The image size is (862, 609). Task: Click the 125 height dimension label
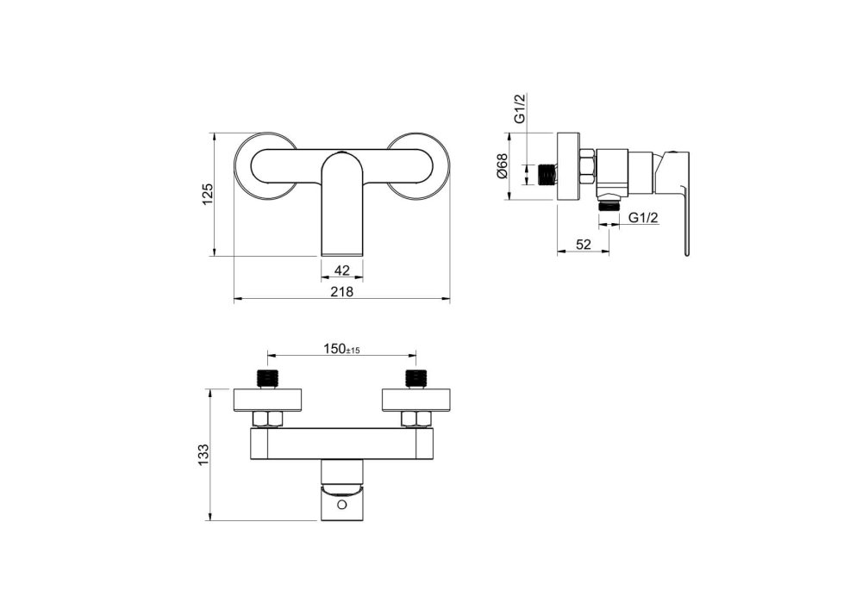(207, 195)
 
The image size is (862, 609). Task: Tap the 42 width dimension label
(342, 270)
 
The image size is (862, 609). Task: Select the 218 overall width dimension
(342, 292)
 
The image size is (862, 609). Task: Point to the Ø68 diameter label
(502, 166)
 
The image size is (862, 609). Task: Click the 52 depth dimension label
(584, 245)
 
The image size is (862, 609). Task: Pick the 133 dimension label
(204, 455)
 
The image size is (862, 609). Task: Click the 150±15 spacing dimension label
(341, 349)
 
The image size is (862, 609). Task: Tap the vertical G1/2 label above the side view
(521, 109)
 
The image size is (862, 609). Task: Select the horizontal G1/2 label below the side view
(643, 217)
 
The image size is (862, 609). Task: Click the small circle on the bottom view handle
(342, 504)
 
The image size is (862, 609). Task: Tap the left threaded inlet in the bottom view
(268, 379)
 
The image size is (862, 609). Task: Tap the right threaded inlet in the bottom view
(415, 379)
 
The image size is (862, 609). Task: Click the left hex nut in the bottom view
(268, 419)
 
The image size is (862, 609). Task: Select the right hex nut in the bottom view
(415, 419)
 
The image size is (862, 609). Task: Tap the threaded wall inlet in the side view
(547, 175)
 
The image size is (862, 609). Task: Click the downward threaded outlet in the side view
(609, 205)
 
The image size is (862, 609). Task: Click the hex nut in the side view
(587, 166)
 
